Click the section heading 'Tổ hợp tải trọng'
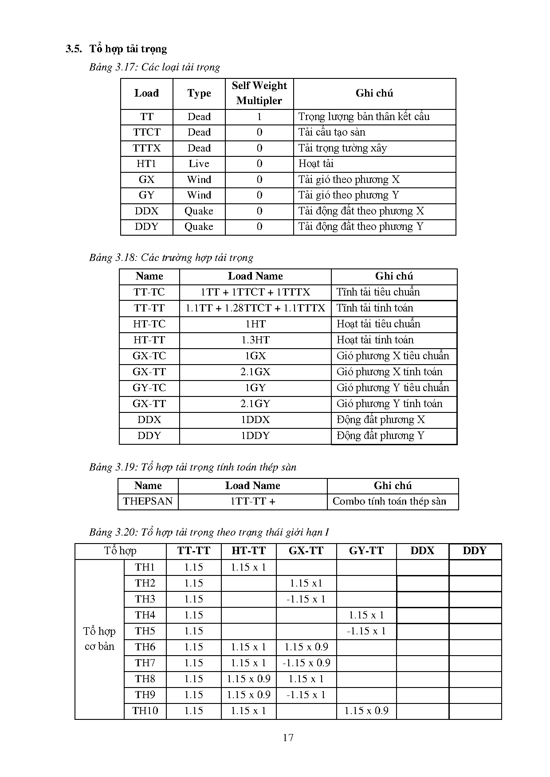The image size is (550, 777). (x=128, y=49)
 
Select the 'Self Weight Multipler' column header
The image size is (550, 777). (x=259, y=93)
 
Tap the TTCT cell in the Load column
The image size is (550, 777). (x=147, y=132)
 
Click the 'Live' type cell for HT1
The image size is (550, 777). (x=199, y=164)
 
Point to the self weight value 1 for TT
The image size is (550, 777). (x=259, y=117)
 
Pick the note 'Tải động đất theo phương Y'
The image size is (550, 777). (x=361, y=227)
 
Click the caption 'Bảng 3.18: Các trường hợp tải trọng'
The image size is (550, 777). (x=171, y=258)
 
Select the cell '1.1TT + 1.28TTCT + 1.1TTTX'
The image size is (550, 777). (x=255, y=308)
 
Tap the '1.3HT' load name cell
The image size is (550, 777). (x=255, y=340)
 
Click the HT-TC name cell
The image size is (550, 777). (x=149, y=324)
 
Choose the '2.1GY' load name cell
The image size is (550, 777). (x=255, y=404)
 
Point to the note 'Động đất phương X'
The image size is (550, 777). (x=381, y=420)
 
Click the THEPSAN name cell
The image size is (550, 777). (x=148, y=501)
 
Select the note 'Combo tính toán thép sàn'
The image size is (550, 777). (x=389, y=501)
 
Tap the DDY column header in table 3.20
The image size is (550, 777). (x=475, y=551)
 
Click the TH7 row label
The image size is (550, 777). (x=145, y=663)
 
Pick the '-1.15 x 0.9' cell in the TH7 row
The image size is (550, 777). (x=306, y=663)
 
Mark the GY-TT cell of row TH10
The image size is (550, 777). (x=366, y=711)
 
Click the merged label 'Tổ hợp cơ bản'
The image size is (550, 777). (x=99, y=639)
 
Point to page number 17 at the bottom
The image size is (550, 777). (x=288, y=738)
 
